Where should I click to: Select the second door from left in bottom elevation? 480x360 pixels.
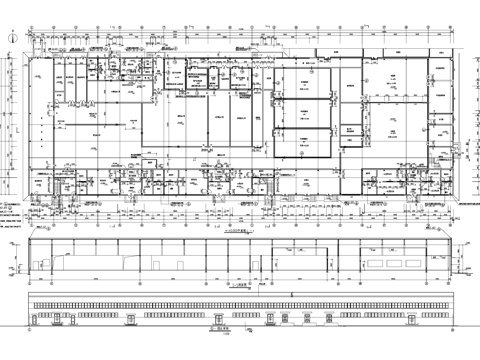pyautogui.click(x=136, y=319)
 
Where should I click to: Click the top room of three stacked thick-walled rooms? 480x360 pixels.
pyautogui.click(x=302, y=81)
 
